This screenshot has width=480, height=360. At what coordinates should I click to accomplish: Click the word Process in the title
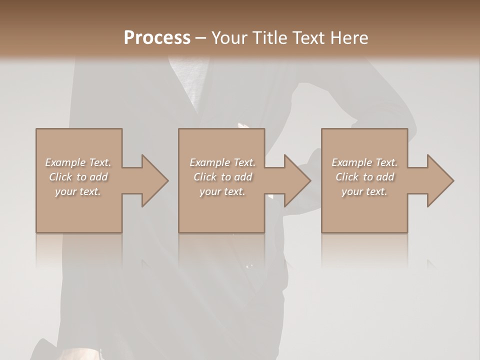tap(157, 38)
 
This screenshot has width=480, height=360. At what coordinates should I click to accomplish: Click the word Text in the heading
tap(309, 38)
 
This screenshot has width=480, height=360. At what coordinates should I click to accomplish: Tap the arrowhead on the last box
tap(439, 180)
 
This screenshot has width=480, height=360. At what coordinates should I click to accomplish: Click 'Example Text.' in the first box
tap(78, 162)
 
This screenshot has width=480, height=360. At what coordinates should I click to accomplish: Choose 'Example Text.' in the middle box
tap(222, 162)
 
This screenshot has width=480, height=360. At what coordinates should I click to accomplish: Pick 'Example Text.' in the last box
tap(364, 162)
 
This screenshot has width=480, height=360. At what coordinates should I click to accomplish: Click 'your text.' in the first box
tap(78, 191)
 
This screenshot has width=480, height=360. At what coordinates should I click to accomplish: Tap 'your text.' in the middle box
tap(222, 191)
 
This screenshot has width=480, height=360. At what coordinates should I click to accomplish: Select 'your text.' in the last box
tap(364, 191)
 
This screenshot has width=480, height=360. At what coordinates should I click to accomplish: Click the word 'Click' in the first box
tap(60, 177)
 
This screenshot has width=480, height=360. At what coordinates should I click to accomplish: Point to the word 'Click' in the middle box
tap(204, 177)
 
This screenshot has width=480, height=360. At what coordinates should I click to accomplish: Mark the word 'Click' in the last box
tap(347, 177)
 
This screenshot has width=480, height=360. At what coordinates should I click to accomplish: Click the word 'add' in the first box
tap(99, 177)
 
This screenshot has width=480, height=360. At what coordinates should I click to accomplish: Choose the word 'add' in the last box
tap(385, 177)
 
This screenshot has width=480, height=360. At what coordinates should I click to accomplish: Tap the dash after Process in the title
tap(201, 38)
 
